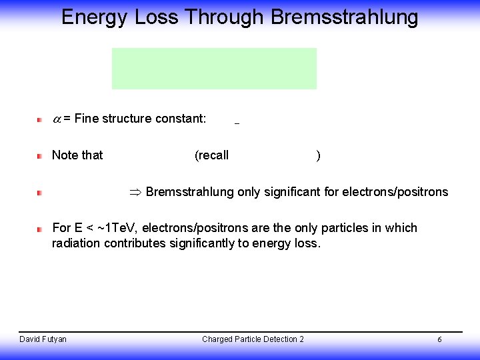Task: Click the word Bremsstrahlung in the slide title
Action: pyautogui.click(x=344, y=17)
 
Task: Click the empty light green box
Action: pyautogui.click(x=213, y=68)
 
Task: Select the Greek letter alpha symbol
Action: pyautogui.click(x=57, y=119)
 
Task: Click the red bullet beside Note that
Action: pyautogui.click(x=39, y=155)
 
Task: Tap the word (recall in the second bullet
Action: pyautogui.click(x=211, y=155)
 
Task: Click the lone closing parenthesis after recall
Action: pyautogui.click(x=319, y=156)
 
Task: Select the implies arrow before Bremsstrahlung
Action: pyautogui.click(x=135, y=193)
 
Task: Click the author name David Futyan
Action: pyautogui.click(x=43, y=339)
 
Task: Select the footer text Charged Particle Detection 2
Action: pyautogui.click(x=253, y=339)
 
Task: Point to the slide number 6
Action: pyautogui.click(x=439, y=340)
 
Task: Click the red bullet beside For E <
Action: pyautogui.click(x=39, y=229)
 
